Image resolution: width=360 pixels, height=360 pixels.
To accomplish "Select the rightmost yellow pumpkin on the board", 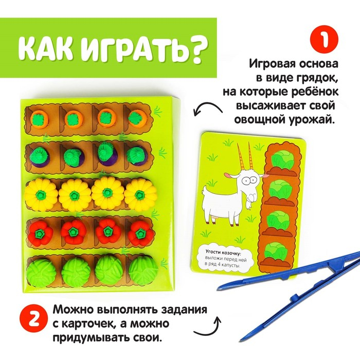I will (140, 193).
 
